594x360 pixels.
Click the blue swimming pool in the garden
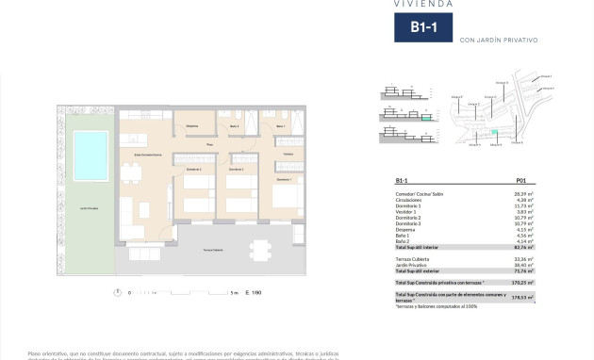pyautogui.click(x=91, y=150)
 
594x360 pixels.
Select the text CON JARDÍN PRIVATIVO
pyautogui.click(x=500, y=40)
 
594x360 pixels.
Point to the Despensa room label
pyautogui.click(x=191, y=125)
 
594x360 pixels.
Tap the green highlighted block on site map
pyautogui.click(x=491, y=132)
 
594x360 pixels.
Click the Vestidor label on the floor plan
pyautogui.click(x=289, y=154)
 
